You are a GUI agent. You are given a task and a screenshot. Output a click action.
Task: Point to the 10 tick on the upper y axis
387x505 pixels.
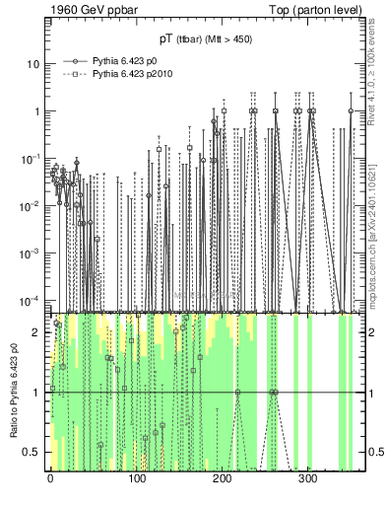click(33, 64)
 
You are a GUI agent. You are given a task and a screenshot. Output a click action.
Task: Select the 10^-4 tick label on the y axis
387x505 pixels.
click(30, 300)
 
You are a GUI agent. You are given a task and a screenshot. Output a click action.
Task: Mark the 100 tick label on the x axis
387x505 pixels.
click(137, 477)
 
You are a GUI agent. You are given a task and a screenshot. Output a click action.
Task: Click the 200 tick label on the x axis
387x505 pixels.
click(223, 477)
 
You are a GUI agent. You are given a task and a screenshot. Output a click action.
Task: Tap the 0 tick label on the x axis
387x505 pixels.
click(51, 477)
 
